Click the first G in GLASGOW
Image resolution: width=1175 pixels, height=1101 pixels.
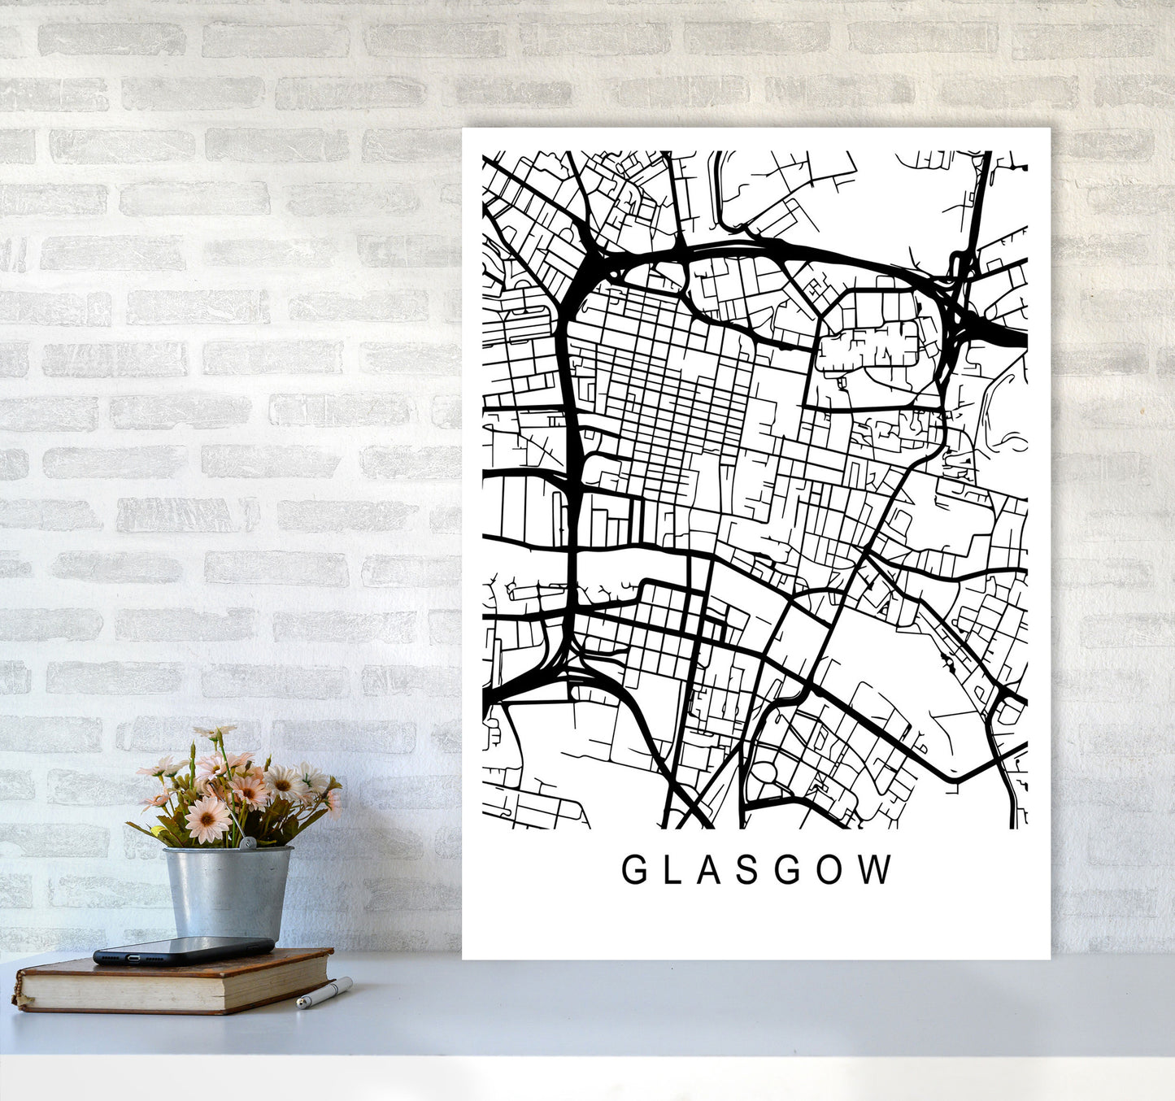tap(634, 870)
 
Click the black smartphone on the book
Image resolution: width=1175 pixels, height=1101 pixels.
tap(183, 949)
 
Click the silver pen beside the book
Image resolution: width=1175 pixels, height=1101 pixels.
tap(324, 993)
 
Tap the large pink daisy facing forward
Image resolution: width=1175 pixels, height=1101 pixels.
tap(207, 818)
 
